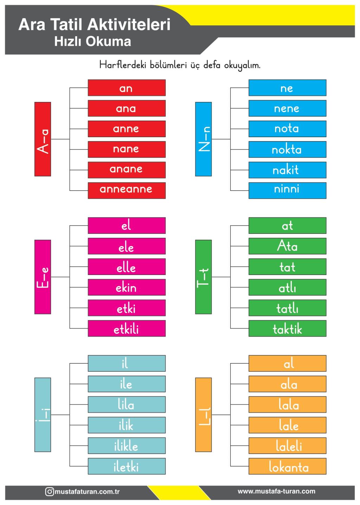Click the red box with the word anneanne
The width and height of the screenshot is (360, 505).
point(127,191)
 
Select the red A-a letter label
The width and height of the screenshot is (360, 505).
point(43,139)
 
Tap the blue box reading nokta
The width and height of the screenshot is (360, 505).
point(288,149)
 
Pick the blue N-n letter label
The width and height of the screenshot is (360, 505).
point(203,139)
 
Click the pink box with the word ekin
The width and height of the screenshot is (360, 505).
point(127,287)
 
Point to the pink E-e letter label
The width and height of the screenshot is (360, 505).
point(43,277)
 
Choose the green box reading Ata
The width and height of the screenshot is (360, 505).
point(288,246)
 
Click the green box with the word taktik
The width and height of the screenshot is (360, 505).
point(288,328)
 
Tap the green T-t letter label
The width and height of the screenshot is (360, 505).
point(203,277)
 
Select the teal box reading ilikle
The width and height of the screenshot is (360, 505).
point(127,446)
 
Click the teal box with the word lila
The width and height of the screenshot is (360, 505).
point(127,404)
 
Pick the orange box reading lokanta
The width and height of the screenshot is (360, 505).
point(288,466)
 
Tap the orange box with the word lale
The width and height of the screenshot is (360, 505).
point(288,425)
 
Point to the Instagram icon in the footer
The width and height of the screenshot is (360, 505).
point(49,492)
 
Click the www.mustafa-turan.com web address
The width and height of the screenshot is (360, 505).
point(276,491)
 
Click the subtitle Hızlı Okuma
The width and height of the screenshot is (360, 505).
point(92,41)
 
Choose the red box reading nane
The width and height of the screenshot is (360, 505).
point(127,149)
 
